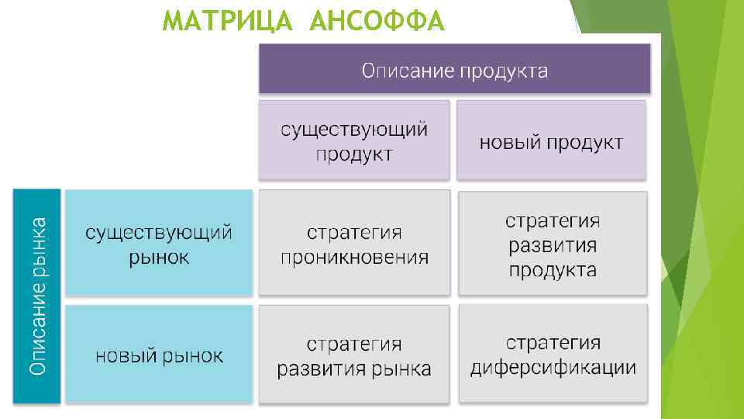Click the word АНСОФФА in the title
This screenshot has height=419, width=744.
(377, 23)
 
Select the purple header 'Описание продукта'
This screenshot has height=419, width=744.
(454, 69)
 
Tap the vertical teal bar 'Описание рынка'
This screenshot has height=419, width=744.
(36, 296)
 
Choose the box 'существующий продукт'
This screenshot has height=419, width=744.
(353, 140)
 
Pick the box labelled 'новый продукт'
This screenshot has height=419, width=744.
(551, 140)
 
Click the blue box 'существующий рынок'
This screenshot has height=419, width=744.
(159, 243)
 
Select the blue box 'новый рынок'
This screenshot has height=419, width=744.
(159, 354)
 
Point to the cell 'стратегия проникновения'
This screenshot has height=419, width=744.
(353, 243)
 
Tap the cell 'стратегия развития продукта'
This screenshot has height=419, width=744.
(553, 244)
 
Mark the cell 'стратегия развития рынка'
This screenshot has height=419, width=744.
(353, 354)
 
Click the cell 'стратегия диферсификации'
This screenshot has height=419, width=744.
(553, 353)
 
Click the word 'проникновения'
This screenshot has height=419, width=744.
(354, 257)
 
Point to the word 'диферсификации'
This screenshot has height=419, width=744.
(553, 367)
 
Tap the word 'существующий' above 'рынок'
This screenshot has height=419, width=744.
(159, 231)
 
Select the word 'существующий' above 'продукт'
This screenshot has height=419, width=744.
(353, 129)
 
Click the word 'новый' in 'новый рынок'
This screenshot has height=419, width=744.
(125, 355)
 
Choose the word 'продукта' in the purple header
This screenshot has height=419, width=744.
(504, 71)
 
